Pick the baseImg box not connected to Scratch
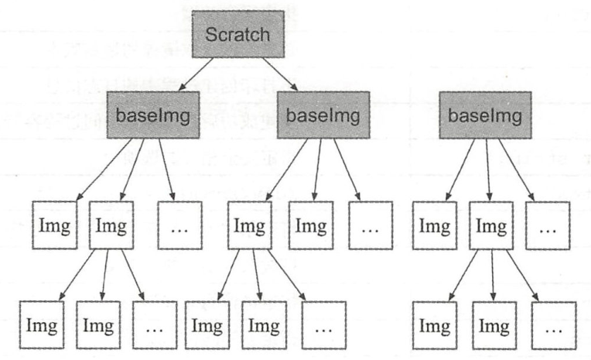click(486, 115)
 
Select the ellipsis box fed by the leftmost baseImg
click(179, 225)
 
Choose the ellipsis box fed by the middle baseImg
click(371, 225)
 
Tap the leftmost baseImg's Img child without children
click(55, 225)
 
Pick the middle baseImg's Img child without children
click(312, 225)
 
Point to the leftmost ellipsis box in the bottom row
click(153, 323)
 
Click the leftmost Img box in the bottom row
click(40, 323)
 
